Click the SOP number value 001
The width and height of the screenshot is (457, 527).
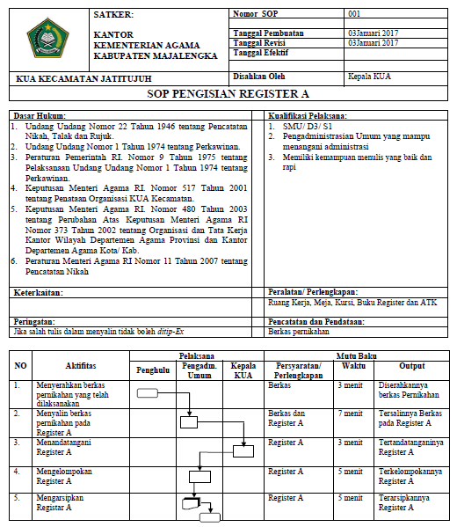click(354, 15)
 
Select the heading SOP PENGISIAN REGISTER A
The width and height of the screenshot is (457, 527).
click(228, 93)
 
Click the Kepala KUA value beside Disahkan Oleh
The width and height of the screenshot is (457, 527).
click(369, 76)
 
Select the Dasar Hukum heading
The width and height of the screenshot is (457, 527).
click(40, 116)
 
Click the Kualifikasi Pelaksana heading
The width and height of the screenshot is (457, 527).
click(308, 116)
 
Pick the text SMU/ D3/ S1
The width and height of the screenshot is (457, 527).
click(303, 126)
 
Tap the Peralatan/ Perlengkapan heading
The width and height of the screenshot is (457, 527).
click(314, 291)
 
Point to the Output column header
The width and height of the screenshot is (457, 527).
click(411, 365)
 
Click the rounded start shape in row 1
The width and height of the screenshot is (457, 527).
click(148, 393)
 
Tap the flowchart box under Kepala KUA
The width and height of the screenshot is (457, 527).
click(236, 451)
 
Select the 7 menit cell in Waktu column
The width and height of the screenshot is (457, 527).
click(351, 413)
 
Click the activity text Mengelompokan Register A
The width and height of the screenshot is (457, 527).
click(64, 476)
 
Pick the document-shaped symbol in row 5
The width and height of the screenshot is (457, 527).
click(192, 504)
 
